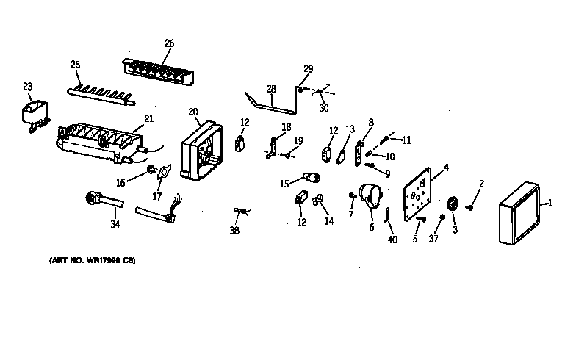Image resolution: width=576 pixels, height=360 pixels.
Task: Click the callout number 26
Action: pos(169,43)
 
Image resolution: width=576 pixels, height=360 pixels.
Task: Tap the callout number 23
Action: pos(28,87)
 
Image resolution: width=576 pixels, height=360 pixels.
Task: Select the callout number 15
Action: pos(284,184)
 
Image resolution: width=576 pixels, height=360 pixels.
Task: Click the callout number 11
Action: pos(406,140)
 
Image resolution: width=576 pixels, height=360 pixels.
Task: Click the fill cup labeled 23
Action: pos(32,117)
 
